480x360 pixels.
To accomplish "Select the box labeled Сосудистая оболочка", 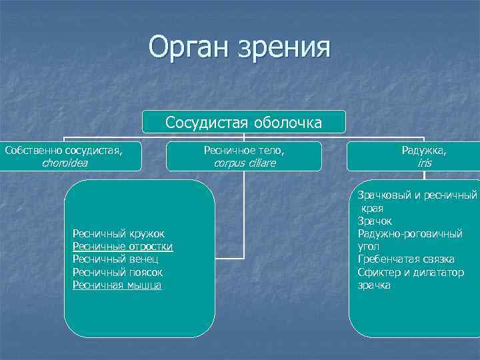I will point(244,122).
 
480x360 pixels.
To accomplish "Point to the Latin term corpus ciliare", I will point(244,163).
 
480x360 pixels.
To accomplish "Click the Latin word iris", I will point(424,163).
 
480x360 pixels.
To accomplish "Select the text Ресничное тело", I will point(244,151).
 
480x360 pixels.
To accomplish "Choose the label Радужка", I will point(424,151).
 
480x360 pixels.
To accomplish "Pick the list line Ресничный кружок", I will point(118,233).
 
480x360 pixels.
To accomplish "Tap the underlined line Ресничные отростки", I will point(123,247).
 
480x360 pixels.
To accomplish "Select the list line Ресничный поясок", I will point(117,273).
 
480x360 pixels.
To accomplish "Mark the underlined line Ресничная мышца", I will point(117,285).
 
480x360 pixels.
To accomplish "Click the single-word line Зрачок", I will point(375,221).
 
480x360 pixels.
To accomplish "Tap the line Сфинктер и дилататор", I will point(410,273).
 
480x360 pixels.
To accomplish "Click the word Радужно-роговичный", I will point(409,233).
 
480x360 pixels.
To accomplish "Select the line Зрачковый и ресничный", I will point(417,195).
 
